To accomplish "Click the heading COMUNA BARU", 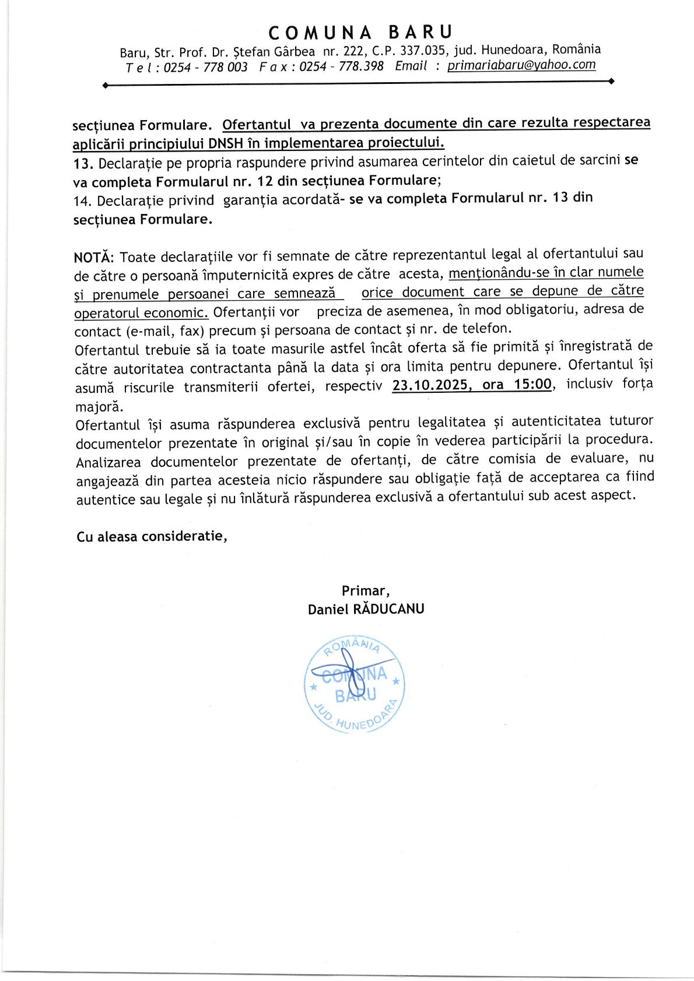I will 360,32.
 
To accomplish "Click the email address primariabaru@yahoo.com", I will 521,65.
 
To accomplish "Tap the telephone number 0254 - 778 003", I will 205,68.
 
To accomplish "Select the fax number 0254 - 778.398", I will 341,66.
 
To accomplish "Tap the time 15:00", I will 532,384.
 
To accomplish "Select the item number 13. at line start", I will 83,163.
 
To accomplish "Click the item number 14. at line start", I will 83,201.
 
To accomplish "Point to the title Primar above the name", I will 365,590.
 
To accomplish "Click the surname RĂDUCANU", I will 389,609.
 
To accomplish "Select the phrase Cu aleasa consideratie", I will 151,536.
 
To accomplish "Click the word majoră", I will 99,407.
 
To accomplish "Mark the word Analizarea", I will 108,462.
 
